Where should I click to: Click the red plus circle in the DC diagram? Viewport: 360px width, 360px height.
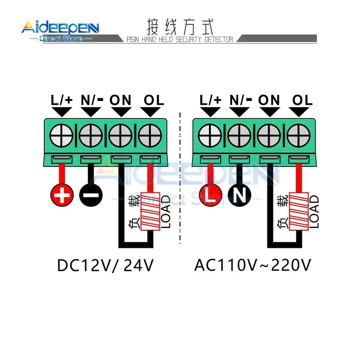click(x=62, y=195)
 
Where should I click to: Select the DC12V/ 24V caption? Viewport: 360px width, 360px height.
click(x=106, y=265)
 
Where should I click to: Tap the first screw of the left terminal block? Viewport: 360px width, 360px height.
click(x=62, y=135)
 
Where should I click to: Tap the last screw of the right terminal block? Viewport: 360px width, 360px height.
click(x=298, y=135)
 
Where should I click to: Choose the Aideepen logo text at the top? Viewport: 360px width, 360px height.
click(x=60, y=28)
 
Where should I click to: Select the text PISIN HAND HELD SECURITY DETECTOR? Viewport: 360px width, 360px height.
click(x=180, y=40)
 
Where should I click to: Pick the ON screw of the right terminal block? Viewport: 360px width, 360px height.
click(x=269, y=135)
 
